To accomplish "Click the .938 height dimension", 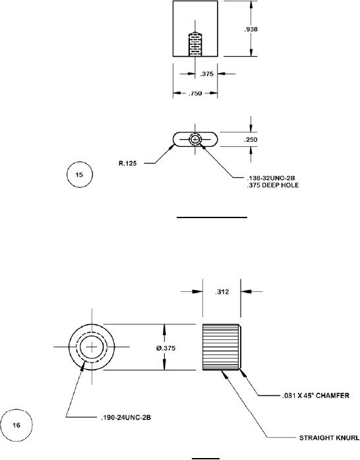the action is (251, 29).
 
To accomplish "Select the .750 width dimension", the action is (195, 94).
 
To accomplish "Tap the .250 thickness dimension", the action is (251, 139).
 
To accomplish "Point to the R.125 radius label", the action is (128, 163).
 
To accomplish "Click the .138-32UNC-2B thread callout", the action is (271, 178).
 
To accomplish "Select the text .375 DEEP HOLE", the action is (273, 185).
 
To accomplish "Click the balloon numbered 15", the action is (80, 175).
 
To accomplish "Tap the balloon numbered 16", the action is (16, 425).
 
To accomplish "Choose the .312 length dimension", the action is (222, 292).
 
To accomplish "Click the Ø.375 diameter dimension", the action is (165, 348).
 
